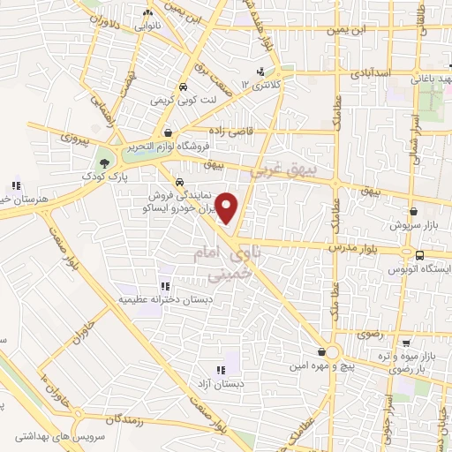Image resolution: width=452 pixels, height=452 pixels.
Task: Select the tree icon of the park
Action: click(105, 162)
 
